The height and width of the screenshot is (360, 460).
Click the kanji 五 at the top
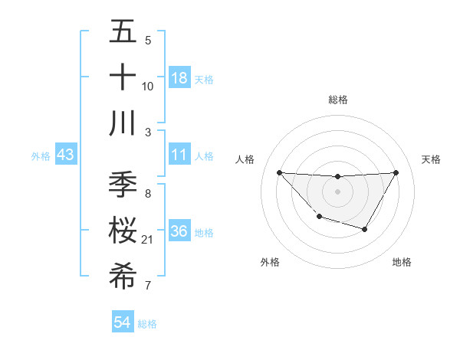pos(123,32)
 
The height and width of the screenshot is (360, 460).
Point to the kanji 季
pos(123,185)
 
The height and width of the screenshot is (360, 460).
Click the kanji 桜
pos(123,231)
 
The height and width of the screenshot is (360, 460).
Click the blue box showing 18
pos(179,78)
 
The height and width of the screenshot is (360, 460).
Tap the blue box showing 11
pos(179,155)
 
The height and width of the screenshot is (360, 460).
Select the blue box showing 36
pos(179,232)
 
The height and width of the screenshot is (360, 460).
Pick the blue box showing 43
pos(66,155)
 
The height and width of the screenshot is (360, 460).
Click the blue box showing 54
pos(123,323)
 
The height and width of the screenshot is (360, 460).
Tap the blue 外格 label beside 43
pos(41,156)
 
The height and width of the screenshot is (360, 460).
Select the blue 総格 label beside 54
pos(147,324)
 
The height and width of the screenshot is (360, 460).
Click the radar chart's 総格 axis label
pos(337,100)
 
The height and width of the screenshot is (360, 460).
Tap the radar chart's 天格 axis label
pos(431,159)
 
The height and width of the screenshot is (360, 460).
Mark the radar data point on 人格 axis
pos(279,172)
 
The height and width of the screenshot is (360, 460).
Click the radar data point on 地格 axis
pos(365,229)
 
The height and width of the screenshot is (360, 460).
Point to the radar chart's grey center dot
pos(337,191)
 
